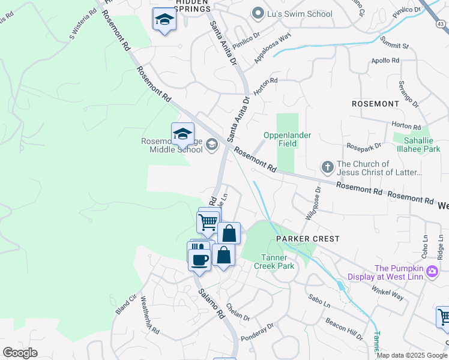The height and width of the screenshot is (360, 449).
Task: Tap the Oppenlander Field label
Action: click(288, 139)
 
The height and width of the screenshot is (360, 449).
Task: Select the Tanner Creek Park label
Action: click(273, 261)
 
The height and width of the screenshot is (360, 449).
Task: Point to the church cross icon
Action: click(327, 167)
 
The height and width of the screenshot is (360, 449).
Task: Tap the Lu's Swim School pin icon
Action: click(258, 13)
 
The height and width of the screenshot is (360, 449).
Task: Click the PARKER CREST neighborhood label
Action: click(307, 239)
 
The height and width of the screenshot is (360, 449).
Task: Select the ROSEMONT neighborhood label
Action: click(375, 104)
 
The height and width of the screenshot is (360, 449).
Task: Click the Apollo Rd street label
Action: click(385, 61)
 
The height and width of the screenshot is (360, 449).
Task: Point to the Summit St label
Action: click(394, 43)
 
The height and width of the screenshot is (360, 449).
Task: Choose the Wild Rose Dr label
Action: click(314, 203)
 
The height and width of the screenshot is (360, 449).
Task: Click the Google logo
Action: click(20, 353)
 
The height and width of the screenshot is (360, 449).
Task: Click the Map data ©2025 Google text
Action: click(412, 355)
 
